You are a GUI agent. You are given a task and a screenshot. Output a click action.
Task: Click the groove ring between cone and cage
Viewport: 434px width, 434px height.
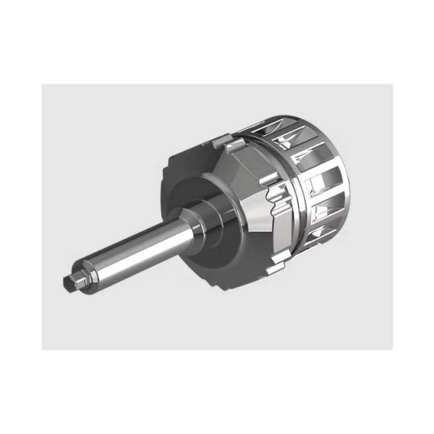coord(282,163)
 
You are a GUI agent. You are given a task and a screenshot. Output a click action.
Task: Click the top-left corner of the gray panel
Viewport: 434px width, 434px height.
coord(42,85)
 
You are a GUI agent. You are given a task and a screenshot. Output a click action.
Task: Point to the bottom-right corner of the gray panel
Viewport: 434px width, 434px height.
coord(392,349)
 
